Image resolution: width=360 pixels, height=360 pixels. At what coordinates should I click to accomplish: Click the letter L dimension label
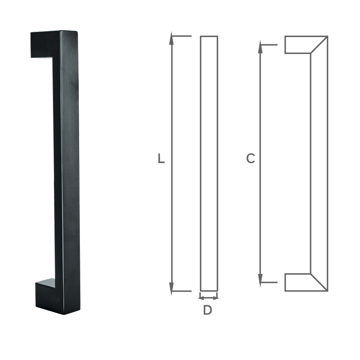(161, 159)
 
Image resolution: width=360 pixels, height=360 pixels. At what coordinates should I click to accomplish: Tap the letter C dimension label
(251, 158)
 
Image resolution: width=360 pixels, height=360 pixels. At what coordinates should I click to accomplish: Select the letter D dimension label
(207, 310)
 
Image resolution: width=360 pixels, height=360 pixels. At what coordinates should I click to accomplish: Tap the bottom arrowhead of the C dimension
(260, 279)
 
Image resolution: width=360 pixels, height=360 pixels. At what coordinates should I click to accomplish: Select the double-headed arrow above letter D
(209, 298)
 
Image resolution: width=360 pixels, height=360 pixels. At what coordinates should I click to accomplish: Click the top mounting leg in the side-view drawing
(298, 45)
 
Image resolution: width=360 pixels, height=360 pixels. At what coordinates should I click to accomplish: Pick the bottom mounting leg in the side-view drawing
(298, 282)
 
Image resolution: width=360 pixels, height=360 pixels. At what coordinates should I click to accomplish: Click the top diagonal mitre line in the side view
(319, 45)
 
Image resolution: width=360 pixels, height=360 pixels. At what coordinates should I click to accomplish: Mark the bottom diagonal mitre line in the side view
(319, 282)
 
